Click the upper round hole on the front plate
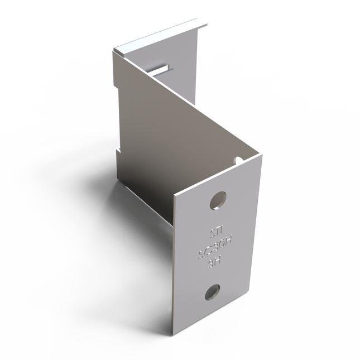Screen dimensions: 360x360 [218, 200]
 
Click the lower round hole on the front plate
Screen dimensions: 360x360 [212, 291]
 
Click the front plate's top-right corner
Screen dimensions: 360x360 [261, 156]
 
